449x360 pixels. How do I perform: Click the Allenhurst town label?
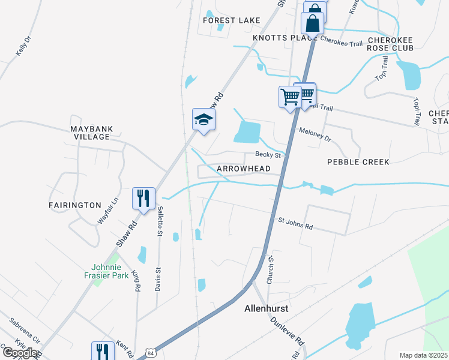click(267, 309)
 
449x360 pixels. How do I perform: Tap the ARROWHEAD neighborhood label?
click(243, 169)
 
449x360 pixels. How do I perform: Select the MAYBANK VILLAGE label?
click(91, 133)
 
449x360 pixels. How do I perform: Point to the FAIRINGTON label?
click(75, 205)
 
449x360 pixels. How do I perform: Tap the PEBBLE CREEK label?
click(358, 162)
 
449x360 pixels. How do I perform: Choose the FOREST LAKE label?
click(232, 20)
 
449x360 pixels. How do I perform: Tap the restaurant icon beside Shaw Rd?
click(143, 198)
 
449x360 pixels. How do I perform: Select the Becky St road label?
click(268, 155)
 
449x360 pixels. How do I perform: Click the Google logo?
click(20, 353)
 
